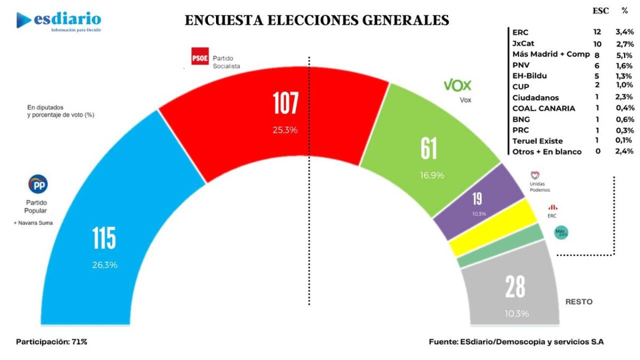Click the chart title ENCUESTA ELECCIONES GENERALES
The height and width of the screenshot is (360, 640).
point(317,20)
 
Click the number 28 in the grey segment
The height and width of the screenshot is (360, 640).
point(516,288)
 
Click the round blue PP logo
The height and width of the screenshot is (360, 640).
point(37,185)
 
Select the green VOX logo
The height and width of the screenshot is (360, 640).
point(458,85)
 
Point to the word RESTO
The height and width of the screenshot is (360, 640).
point(579,302)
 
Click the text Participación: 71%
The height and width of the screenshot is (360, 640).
point(51,341)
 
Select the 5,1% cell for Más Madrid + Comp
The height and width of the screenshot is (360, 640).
point(624,54)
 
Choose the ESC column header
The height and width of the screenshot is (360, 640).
point(599,11)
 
